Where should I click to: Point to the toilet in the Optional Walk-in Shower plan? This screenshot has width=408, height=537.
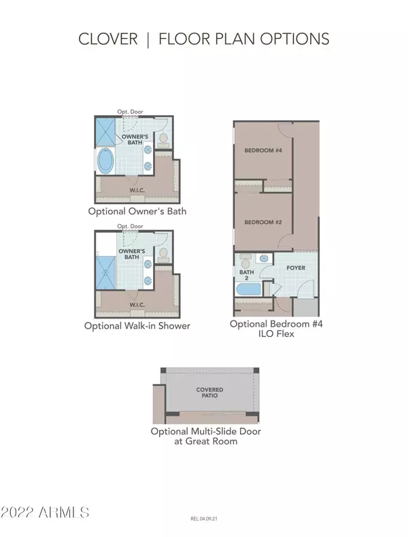tap(163, 255)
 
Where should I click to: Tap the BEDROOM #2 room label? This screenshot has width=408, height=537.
tap(263, 223)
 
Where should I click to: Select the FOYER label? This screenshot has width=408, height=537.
tap(296, 267)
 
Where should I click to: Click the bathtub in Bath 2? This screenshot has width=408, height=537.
tap(248, 289)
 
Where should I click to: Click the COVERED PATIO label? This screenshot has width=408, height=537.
tap(210, 393)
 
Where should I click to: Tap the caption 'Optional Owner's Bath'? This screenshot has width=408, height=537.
tap(137, 211)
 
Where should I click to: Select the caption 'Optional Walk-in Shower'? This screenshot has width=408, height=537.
tap(137, 325)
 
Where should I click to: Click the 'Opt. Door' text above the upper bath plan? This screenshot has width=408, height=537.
tap(130, 112)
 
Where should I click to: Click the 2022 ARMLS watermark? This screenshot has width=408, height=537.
tap(45, 512)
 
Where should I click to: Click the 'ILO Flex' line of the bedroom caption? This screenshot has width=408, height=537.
tap(276, 334)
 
